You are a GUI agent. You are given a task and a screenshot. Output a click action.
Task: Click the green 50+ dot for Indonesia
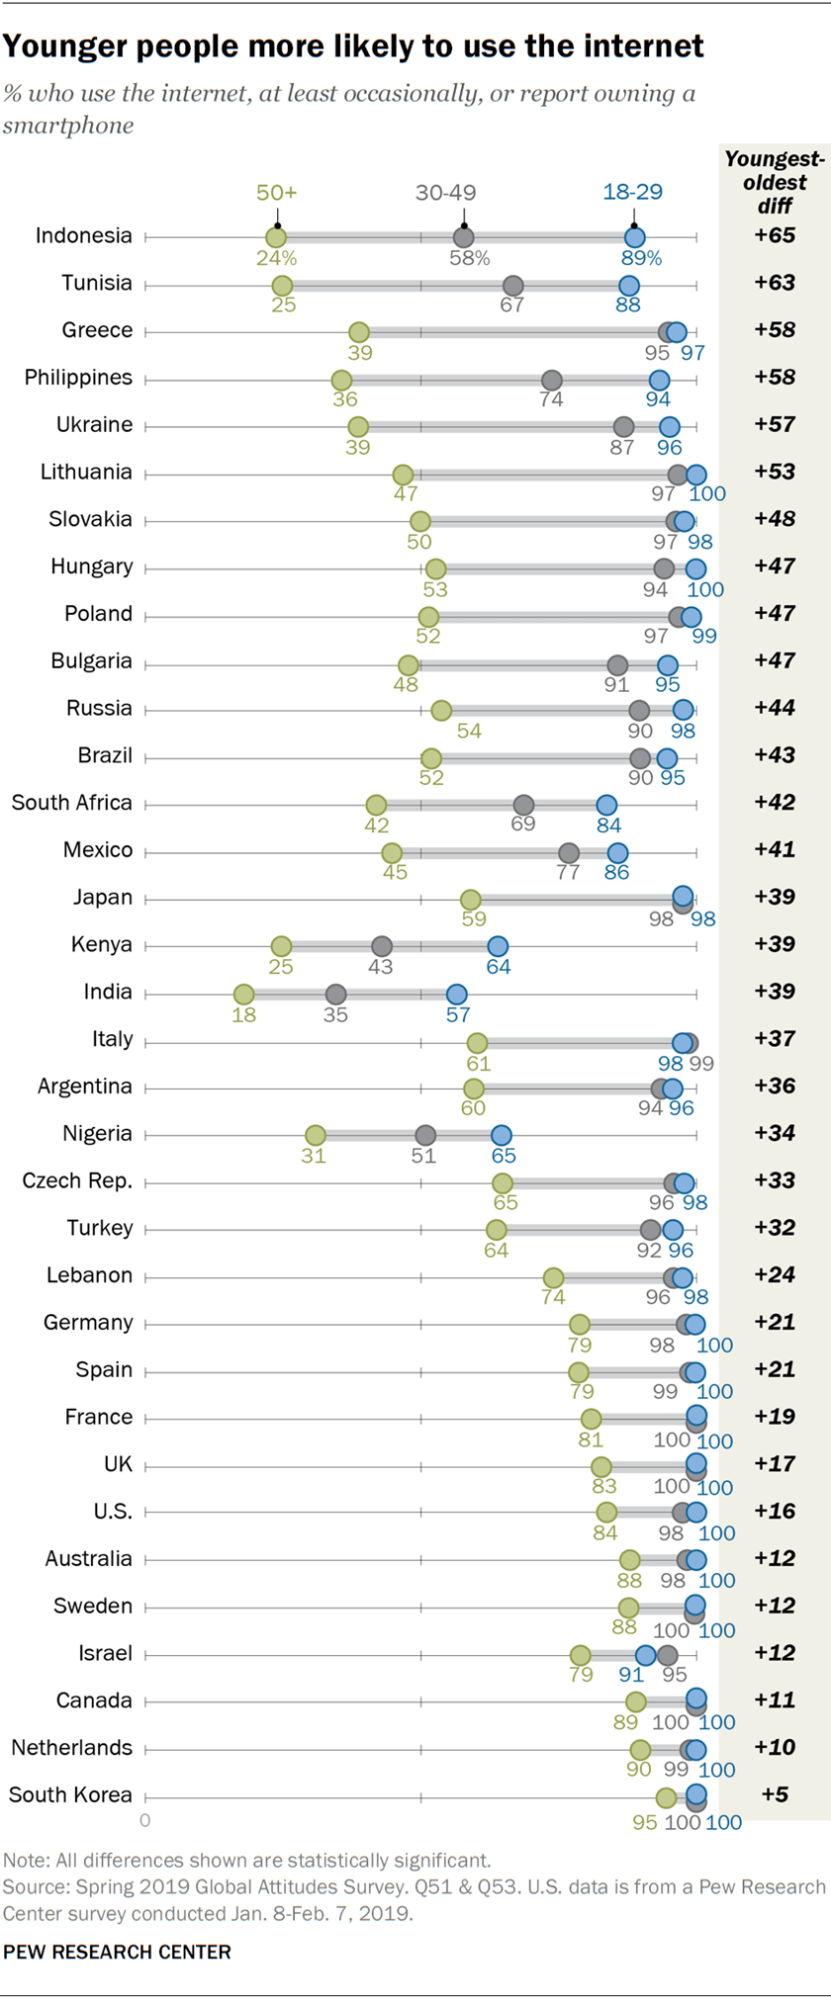coord(276,237)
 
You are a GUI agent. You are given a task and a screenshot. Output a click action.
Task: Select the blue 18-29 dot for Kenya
coord(498,946)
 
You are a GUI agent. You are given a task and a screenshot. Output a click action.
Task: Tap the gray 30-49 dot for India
coord(335,994)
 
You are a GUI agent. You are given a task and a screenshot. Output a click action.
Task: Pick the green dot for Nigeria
coord(315,1135)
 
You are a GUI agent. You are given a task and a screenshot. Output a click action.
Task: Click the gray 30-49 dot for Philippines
coord(552,380)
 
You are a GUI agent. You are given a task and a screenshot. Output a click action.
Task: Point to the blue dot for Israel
coord(645,1655)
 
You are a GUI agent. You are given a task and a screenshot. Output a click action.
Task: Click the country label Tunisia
coord(96,284)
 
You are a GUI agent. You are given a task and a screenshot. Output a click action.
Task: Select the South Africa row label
coord(71,803)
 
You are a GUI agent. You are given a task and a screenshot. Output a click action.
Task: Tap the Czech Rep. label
coord(76,1180)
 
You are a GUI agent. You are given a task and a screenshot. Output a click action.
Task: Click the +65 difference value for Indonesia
coord(775,235)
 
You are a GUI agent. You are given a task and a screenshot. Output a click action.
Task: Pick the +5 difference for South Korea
coord(775,1794)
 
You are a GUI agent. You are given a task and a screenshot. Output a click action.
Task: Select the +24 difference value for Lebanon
coord(775,1274)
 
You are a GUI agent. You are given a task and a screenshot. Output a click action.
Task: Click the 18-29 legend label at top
coord(632,192)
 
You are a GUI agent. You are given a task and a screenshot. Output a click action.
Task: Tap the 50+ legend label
coord(276,192)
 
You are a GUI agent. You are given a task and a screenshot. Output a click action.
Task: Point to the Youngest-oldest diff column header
coord(775,182)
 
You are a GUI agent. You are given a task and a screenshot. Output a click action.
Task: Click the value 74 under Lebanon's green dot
coord(553,1297)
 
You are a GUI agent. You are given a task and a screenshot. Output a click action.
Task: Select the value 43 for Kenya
coord(381,967)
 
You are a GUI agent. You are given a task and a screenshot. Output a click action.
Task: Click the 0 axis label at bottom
coord(145,1820)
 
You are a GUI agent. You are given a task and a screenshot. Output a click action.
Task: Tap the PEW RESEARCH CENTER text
coord(117,1952)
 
